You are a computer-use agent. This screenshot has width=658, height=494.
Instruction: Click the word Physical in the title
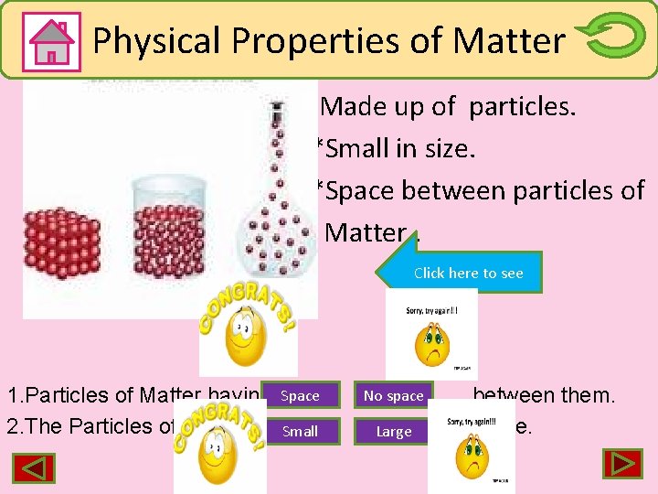point(156,40)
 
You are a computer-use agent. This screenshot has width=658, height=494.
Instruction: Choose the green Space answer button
point(300,396)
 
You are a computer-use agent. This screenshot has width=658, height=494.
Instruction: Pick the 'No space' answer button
point(393,396)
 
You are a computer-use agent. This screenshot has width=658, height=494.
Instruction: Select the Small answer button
point(300,431)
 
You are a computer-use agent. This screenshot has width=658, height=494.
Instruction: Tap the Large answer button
point(393,431)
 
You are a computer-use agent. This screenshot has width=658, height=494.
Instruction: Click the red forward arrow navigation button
point(621,464)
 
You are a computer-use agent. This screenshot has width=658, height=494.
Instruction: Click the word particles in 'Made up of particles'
point(523,107)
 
